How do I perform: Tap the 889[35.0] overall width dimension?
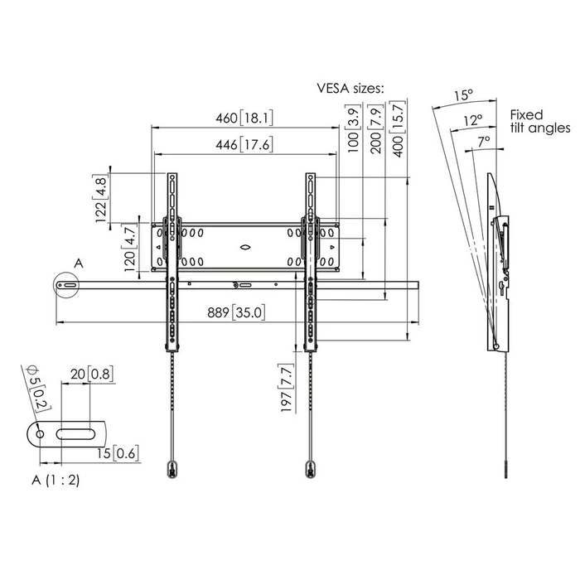tap(236, 312)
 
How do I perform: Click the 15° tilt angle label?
tap(463, 95)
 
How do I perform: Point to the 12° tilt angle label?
tap(472, 120)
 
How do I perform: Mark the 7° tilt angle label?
tap(485, 142)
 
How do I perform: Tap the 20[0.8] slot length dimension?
tap(91, 375)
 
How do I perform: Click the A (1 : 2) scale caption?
tap(56, 480)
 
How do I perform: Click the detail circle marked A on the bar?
tap(65, 285)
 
